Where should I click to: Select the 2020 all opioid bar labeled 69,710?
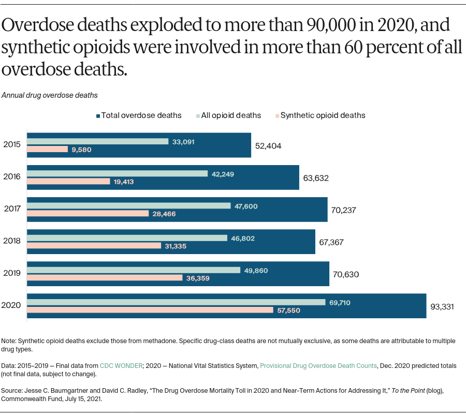(x=176, y=302)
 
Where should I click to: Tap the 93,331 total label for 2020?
(x=442, y=306)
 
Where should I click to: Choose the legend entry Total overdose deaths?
(x=138, y=115)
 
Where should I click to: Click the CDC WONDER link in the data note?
(x=121, y=365)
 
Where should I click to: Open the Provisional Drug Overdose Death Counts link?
(x=318, y=365)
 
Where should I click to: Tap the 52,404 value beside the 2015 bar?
(x=268, y=146)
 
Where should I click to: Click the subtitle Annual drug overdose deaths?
(x=50, y=95)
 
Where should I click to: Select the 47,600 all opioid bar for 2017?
(x=129, y=206)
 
